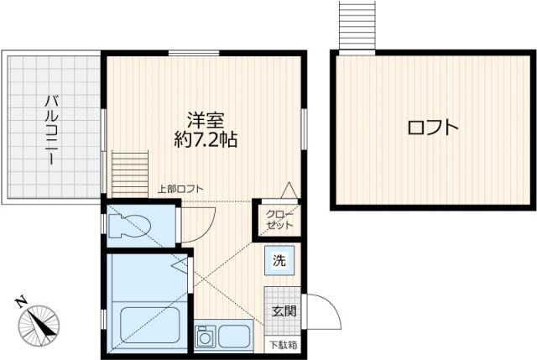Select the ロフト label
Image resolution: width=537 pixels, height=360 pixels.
point(433,128)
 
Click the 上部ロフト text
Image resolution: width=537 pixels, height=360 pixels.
point(180,189)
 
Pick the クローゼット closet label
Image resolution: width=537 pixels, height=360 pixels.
point(280,220)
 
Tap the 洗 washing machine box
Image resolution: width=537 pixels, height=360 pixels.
point(279,260)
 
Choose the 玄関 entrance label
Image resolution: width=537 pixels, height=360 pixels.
point(283,311)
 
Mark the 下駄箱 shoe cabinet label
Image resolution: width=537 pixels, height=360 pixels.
point(282,344)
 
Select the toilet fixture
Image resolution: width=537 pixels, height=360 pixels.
point(132,225)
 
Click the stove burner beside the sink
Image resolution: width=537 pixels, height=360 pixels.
point(205,338)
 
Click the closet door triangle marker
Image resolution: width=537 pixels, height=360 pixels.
point(288,190)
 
